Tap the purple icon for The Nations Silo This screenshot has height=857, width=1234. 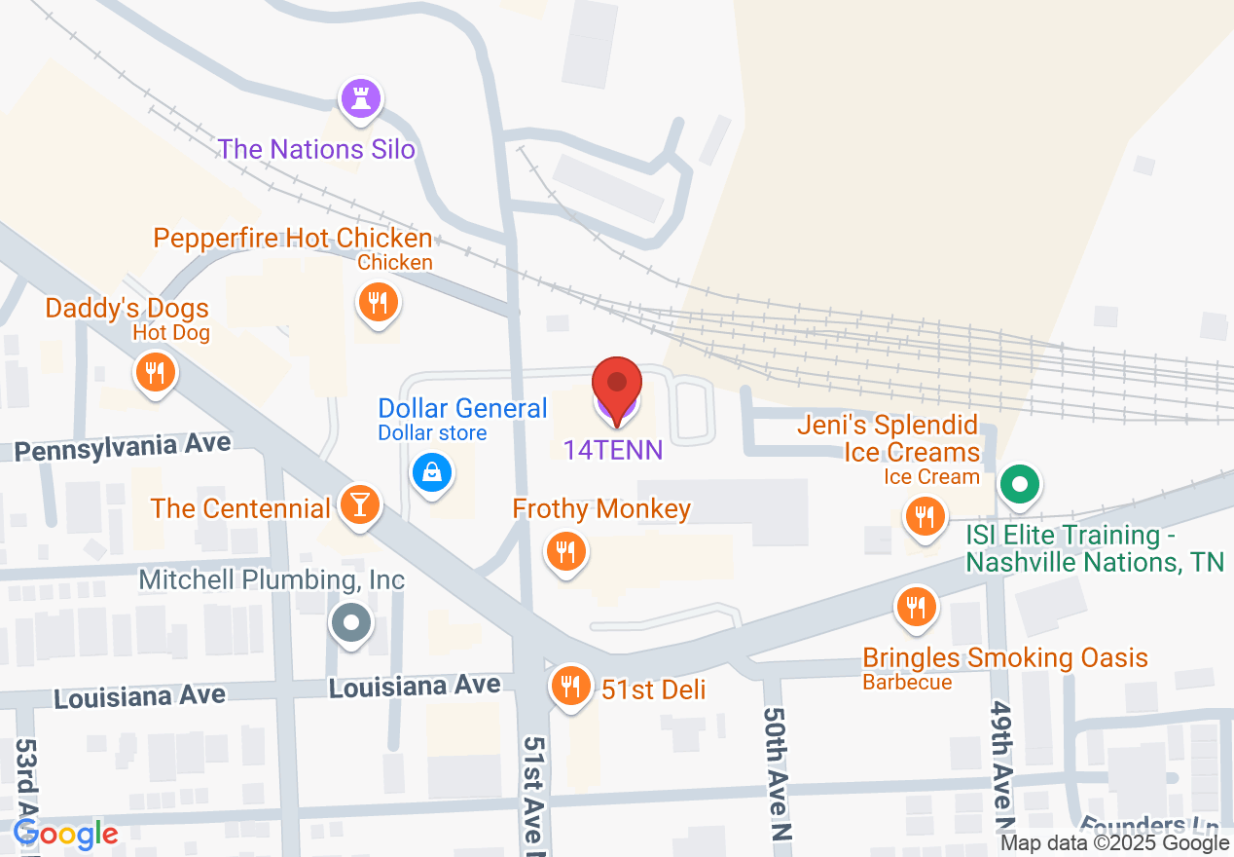[360, 98]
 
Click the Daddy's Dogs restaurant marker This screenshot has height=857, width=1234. [154, 371]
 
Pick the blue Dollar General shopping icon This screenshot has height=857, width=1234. [431, 473]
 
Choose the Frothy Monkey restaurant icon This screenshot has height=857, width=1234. [564, 552]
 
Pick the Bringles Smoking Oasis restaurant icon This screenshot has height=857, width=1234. [915, 608]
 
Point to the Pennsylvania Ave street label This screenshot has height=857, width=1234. [123, 447]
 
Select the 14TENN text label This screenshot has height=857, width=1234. [613, 450]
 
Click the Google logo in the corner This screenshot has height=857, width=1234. [65, 834]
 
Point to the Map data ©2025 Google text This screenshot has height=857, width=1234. [1115, 843]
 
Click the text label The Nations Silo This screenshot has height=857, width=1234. [316, 149]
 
